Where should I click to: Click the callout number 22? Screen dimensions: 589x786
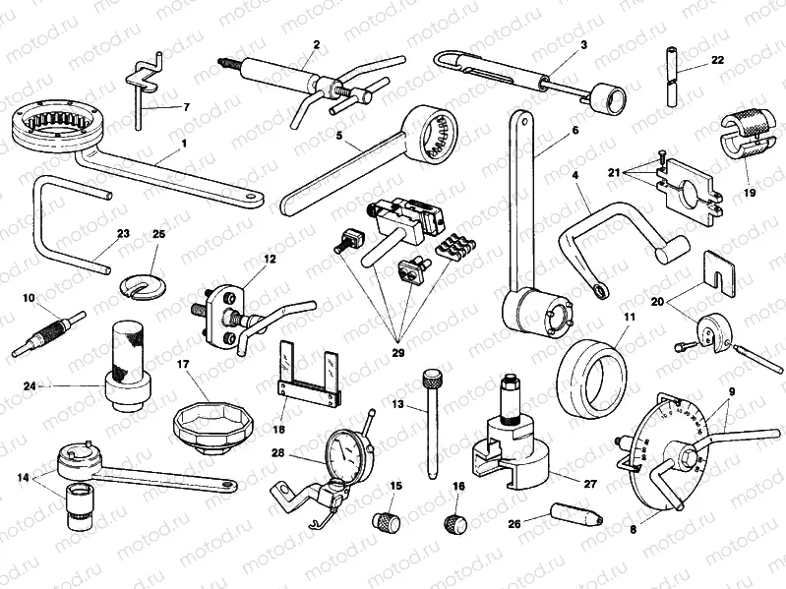pos(717,61)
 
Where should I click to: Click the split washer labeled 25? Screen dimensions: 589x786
pos(146,282)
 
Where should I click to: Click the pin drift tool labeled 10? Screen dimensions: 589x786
pos(47,333)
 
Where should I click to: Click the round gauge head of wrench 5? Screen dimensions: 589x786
pos(434,131)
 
